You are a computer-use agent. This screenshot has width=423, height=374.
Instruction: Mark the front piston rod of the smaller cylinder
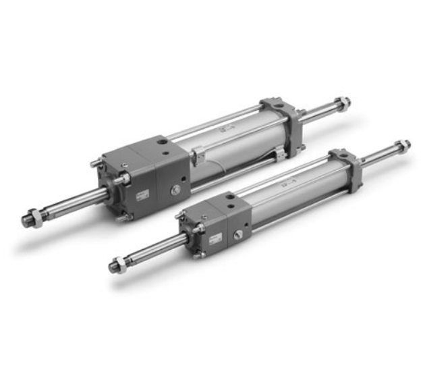152,248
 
